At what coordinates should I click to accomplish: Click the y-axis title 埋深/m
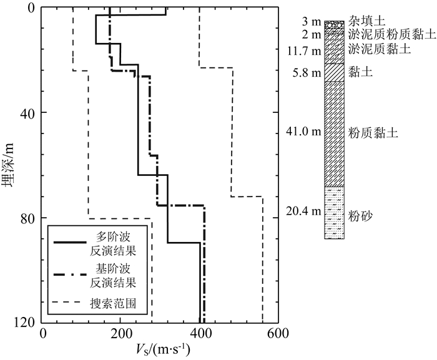coord(9,166)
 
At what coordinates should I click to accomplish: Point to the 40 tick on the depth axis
coord(28,113)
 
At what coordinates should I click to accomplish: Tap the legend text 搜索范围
coord(113,304)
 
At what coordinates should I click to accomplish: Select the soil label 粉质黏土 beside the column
coord(373,133)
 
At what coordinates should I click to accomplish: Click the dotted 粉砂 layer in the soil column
coord(335,212)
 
